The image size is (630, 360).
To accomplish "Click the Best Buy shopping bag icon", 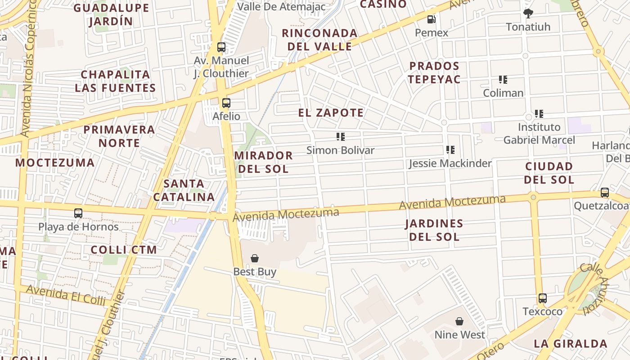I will point(255,258).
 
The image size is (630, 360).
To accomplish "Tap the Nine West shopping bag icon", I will point(459,321).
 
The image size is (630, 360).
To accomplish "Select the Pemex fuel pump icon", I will point(431,19).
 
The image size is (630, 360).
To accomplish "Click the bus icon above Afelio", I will point(226,103).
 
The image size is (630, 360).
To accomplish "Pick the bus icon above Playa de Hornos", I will point(78,213).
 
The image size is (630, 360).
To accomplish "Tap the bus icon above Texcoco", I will point(543,298).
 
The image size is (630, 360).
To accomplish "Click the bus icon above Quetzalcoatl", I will point(605,193).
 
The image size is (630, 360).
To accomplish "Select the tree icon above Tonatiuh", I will point(528,13).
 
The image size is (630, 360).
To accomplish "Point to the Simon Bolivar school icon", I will point(340,137).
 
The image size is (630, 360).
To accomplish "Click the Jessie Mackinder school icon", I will point(450,150).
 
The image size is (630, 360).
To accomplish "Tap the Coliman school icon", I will point(503,80).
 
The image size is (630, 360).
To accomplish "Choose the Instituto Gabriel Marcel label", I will point(539,134).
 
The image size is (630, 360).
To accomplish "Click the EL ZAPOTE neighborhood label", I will point(331,112).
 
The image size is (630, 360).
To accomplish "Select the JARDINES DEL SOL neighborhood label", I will point(434,230).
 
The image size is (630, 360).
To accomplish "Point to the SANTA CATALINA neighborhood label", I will point(184,190).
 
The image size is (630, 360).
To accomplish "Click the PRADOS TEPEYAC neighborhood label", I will point(434,72).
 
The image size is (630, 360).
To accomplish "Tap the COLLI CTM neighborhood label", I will point(124,250).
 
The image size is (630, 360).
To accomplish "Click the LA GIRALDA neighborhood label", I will point(571,344).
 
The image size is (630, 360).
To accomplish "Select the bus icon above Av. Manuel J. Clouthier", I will point(221,47).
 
